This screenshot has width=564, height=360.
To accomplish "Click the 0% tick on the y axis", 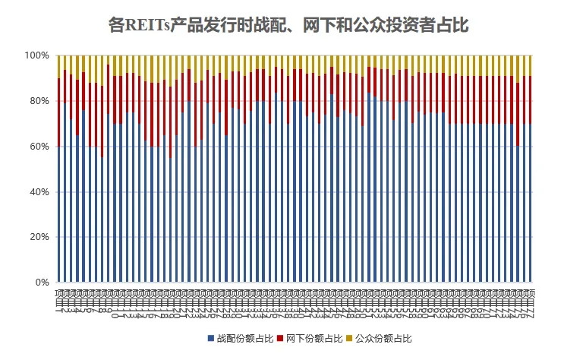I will pyautogui.click(x=41, y=283).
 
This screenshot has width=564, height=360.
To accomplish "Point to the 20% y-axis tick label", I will pyautogui.click(x=38, y=237).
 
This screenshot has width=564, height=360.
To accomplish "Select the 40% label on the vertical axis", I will pyautogui.click(x=38, y=192).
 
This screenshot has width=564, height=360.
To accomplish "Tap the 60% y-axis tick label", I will pyautogui.click(x=38, y=147).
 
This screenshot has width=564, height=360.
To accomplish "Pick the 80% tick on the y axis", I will pyautogui.click(x=38, y=101).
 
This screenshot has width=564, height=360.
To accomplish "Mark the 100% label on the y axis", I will pyautogui.click(x=36, y=55).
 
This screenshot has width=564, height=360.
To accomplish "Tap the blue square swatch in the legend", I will pyautogui.click(x=210, y=337).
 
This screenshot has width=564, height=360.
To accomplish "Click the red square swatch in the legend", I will pyautogui.click(x=279, y=337).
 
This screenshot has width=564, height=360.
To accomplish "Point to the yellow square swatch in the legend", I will pyautogui.click(x=348, y=337).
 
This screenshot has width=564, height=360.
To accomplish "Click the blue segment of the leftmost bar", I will pyautogui.click(x=58, y=213).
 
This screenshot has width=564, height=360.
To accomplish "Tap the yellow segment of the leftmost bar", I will pyautogui.click(x=58, y=66).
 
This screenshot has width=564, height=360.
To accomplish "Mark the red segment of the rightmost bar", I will pyautogui.click(x=530, y=99).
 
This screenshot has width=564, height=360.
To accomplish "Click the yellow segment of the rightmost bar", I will pyautogui.click(x=530, y=65).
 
